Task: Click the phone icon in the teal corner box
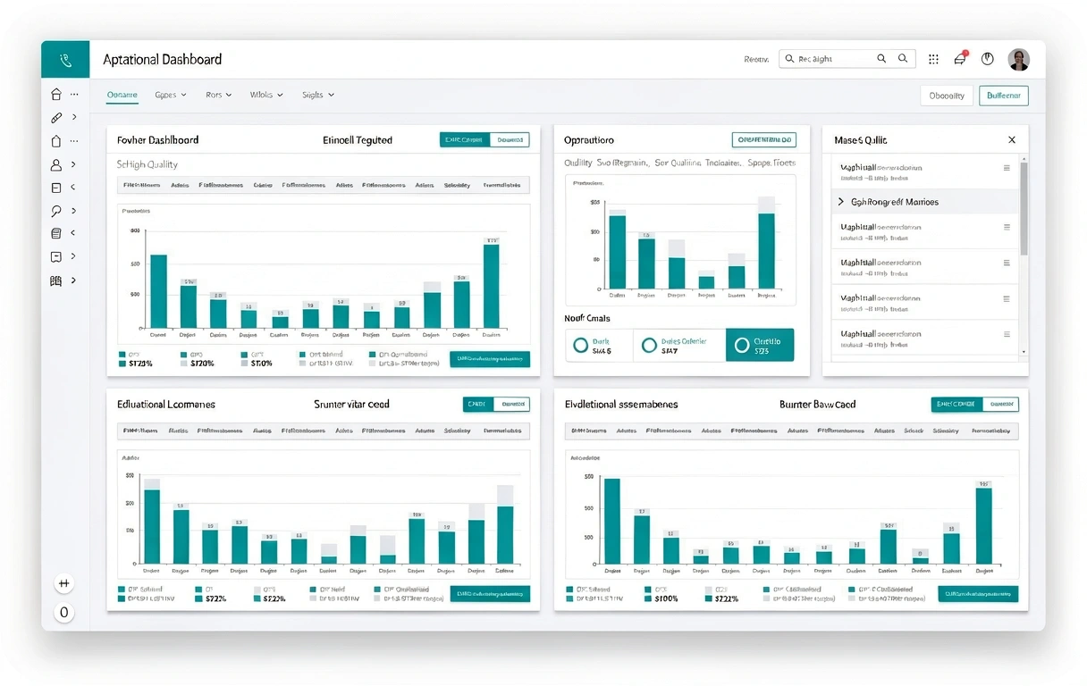coord(65,60)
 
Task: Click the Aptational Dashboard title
coord(162,60)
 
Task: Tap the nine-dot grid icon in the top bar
coord(933,59)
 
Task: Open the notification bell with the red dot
coord(960,59)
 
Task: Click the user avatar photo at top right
coord(1018,60)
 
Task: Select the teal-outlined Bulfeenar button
coord(1003,96)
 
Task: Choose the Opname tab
coord(122,95)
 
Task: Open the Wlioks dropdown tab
coord(265,95)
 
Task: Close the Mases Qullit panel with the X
coord(1012,140)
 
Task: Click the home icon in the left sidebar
coord(56,94)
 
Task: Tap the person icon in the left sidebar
coord(56,164)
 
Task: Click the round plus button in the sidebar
coord(63,583)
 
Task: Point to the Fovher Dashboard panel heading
coord(158,140)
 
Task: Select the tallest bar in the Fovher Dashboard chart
coord(491,286)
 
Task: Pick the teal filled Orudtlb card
coord(760,345)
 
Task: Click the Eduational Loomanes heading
coord(166,405)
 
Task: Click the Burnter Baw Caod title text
coord(817,405)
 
